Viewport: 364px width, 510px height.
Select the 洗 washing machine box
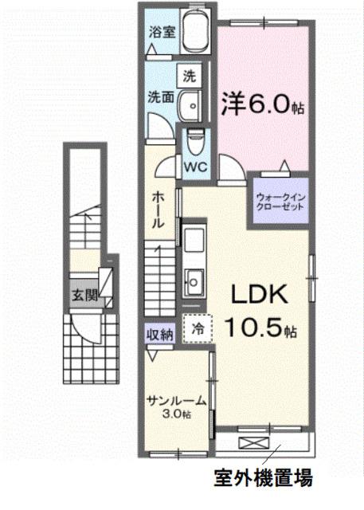coord(189,76)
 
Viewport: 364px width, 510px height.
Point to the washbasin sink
coord(189,107)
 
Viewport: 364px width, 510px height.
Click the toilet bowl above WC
coord(194,143)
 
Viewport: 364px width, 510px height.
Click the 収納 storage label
coord(159,334)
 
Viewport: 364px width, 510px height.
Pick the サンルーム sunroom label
coord(178,401)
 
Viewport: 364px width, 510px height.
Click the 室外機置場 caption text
coord(262,479)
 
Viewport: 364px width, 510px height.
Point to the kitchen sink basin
coord(194,280)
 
